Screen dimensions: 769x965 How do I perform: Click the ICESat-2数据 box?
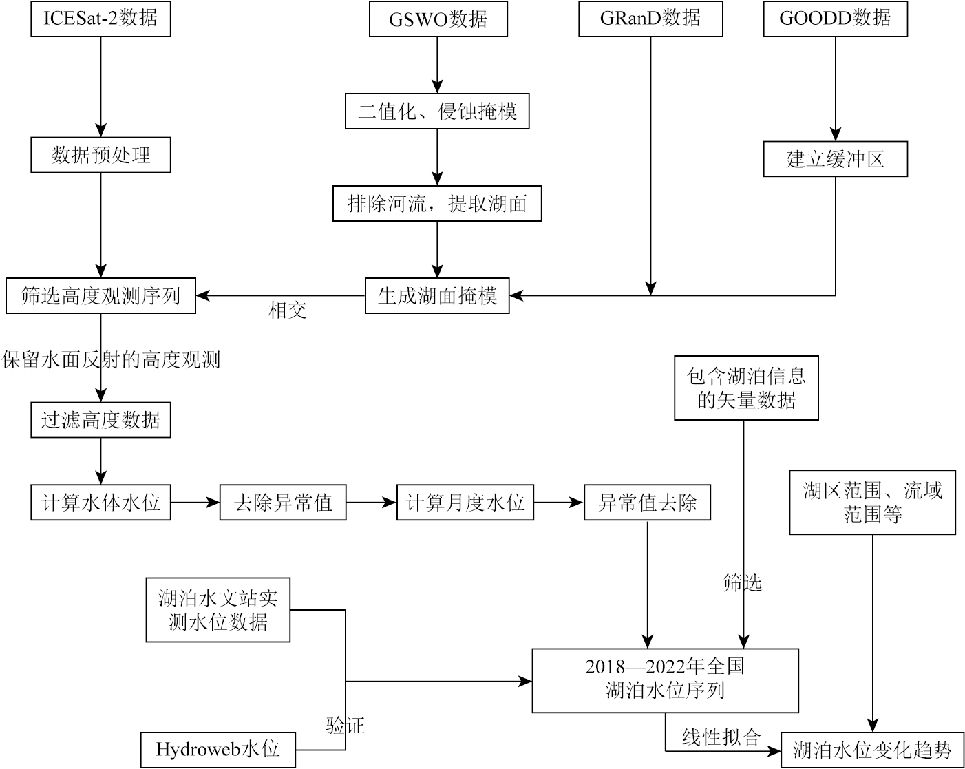[x=100, y=19]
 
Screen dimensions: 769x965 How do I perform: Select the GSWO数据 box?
[x=438, y=19]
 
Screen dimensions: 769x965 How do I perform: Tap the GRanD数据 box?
[x=650, y=19]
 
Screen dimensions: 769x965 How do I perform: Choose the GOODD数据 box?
[x=835, y=19]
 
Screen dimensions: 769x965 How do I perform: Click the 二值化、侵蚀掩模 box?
[x=437, y=111]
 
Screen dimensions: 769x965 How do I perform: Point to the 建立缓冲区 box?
[x=835, y=159]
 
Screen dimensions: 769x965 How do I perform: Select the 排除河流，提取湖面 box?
[x=437, y=203]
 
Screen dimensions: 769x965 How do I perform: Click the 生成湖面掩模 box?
[x=437, y=296]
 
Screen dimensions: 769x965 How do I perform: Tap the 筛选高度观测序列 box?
[x=100, y=296]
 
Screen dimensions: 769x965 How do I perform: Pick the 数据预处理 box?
[x=100, y=155]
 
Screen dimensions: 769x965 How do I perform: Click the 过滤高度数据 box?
[x=100, y=419]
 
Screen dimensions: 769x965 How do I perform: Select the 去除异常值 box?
[x=283, y=503]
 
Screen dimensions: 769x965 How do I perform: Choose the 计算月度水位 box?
[x=465, y=503]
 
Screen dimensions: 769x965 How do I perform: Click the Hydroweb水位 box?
[x=218, y=750]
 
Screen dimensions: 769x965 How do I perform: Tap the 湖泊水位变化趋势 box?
[x=872, y=750]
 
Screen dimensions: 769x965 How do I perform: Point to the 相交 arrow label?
[x=287, y=311]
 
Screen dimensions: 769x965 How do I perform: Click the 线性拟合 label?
[x=721, y=738]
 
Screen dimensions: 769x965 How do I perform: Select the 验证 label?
[x=345, y=726]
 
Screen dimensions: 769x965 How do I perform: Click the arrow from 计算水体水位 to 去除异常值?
[x=195, y=503]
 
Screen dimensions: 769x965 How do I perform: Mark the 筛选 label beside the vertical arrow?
[x=743, y=583]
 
